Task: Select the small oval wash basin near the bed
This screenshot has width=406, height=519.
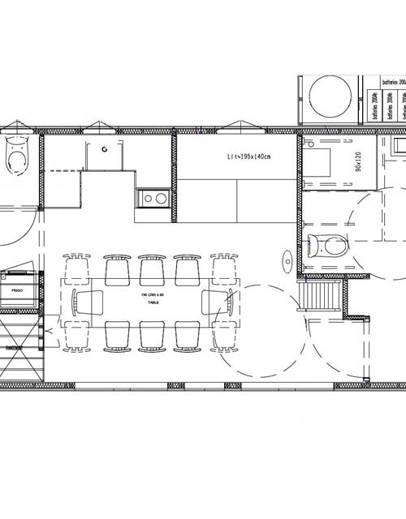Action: coord(287,260)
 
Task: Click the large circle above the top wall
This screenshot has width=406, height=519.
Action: coord(331,95)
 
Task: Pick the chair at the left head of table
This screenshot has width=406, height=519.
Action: coord(87,302)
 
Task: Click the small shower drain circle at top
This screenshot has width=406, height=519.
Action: coord(104,148)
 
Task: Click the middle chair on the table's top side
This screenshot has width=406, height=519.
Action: coord(152,268)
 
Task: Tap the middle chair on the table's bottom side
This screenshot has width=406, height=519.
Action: coord(152,335)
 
